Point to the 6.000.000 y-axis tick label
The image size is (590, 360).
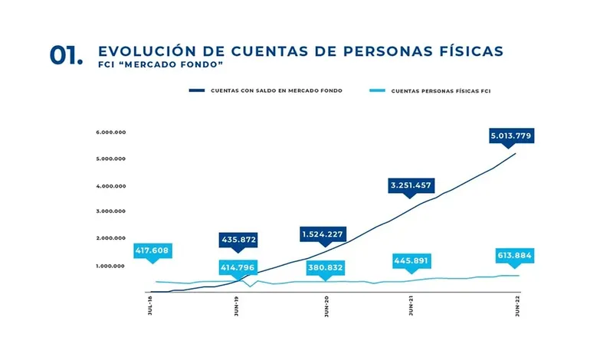pyautogui.click(x=111, y=133)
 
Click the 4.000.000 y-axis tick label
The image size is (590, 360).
pyautogui.click(x=111, y=185)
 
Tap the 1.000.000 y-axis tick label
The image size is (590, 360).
pyautogui.click(x=111, y=266)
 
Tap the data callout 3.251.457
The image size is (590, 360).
pyautogui.click(x=411, y=185)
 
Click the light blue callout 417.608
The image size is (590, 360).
pyautogui.click(x=152, y=250)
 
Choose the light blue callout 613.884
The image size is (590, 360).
pyautogui.click(x=513, y=256)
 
